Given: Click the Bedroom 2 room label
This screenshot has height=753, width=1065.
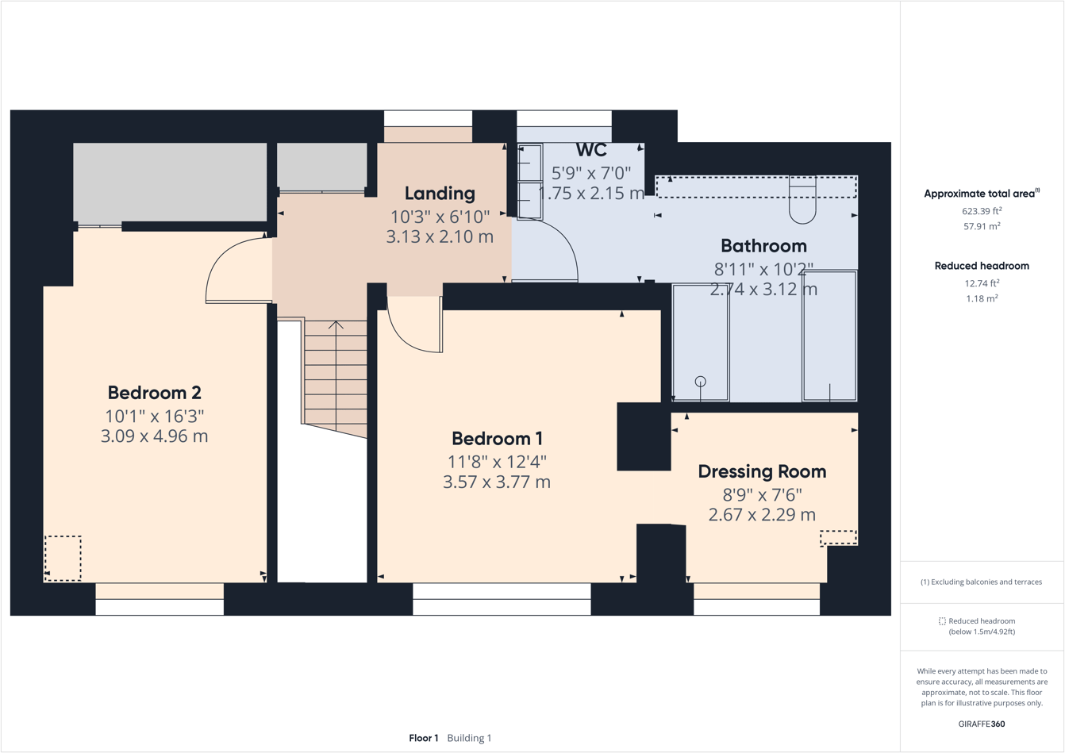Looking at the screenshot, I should [154, 393].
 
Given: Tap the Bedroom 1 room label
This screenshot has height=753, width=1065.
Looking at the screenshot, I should [497, 439].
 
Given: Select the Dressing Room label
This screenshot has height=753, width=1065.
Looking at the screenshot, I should [762, 471].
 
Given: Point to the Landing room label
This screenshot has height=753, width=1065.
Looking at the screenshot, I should [440, 194].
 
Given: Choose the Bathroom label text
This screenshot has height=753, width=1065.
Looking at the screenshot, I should [763, 246].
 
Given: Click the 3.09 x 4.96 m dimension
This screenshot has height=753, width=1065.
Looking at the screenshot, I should [154, 436].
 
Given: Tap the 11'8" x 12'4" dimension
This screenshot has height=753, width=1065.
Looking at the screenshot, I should [497, 461].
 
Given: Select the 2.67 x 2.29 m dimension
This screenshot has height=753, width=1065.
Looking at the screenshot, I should [762, 515].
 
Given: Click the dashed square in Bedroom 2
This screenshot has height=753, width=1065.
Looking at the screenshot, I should [63, 559].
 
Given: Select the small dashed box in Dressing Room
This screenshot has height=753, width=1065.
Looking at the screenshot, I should [838, 538].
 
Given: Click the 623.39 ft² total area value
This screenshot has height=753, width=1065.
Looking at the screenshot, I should [982, 211].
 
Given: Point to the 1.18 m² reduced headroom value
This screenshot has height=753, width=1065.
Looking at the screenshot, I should [982, 299].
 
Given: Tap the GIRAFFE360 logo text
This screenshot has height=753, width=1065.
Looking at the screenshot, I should [982, 724].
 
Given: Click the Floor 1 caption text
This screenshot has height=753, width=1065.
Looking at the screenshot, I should [424, 738].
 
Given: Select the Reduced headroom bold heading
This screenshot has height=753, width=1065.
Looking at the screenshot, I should [982, 266].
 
